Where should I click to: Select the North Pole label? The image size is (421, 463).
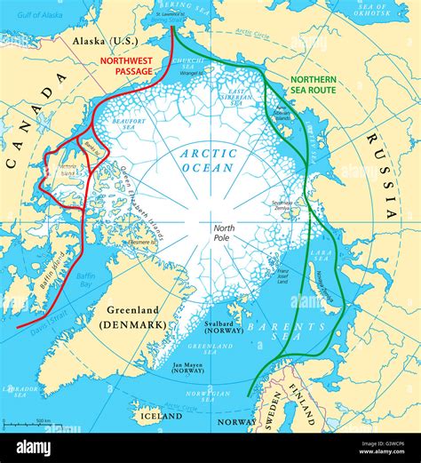(222, 233)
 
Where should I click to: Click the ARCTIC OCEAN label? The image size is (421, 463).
(208, 161)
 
